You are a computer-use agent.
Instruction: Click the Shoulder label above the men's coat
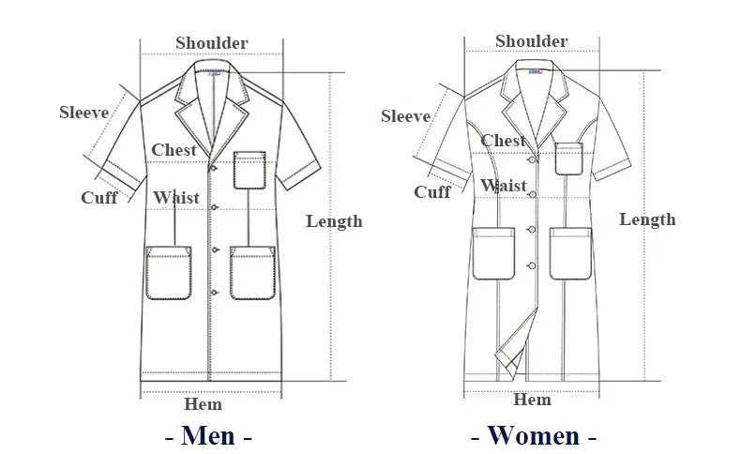tap(212, 43)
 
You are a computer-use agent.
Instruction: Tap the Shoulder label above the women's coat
tap(531, 41)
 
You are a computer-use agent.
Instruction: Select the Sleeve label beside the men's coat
tap(84, 113)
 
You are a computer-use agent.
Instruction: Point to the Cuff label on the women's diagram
tap(431, 191)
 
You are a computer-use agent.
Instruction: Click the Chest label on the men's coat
tap(174, 150)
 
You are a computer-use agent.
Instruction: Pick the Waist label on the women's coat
tap(504, 185)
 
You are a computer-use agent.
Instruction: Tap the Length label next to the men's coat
tap(334, 221)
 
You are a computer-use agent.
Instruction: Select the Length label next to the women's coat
tap(647, 219)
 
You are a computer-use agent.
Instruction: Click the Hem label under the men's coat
tap(203, 404)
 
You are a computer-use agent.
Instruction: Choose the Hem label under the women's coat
tap(532, 401)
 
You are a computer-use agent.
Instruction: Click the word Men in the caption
tap(208, 435)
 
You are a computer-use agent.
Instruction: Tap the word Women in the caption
tap(534, 435)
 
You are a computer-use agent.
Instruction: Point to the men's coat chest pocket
tap(250, 170)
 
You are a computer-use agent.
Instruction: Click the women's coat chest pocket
tap(568, 159)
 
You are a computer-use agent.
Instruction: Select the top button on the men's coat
tap(213, 168)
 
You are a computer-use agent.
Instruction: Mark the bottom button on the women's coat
tap(532, 266)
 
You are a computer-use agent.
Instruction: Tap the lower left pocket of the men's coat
tap(168, 273)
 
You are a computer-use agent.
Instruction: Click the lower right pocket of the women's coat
tap(570, 253)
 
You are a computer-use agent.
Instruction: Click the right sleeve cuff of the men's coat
tap(298, 175)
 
